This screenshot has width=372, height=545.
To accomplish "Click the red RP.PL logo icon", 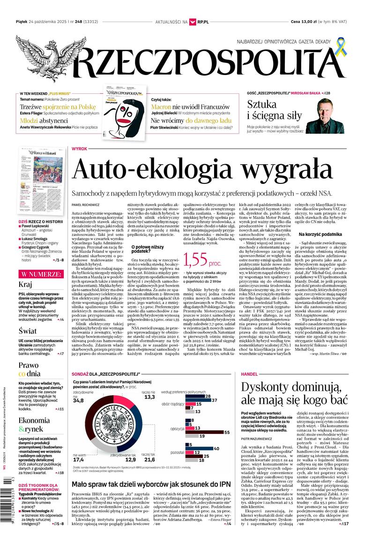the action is point(192,22).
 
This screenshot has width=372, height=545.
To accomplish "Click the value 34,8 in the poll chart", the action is point(78,401).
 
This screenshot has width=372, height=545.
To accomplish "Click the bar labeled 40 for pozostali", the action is point(199,448).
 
